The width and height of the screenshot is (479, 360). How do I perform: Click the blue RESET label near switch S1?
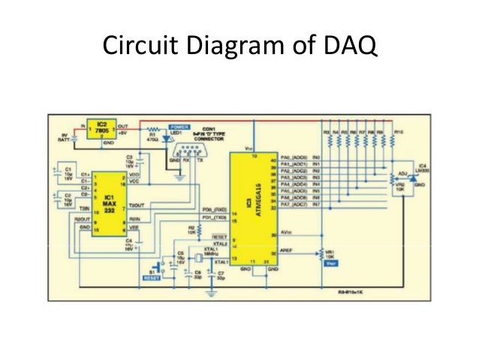(x=152, y=278)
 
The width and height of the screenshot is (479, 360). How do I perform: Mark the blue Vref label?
(x=329, y=264)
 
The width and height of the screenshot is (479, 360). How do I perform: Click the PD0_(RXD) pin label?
(x=215, y=210)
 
